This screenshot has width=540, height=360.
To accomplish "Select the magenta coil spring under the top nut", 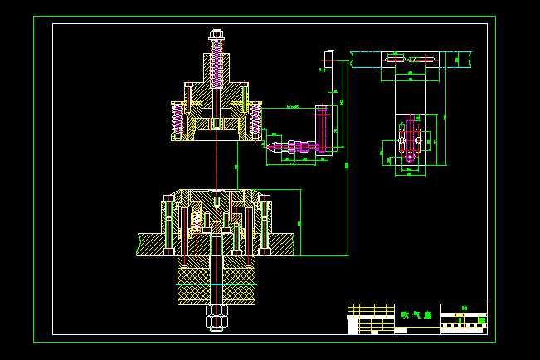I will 217,65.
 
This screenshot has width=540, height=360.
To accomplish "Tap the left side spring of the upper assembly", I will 177,120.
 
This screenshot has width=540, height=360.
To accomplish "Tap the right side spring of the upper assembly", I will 255,120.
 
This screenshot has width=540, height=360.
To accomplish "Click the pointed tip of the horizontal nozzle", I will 269,147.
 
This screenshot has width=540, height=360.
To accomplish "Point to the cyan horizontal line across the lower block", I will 216,285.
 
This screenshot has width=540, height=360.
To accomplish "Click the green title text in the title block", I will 416,314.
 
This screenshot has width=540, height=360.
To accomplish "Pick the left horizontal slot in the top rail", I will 395,60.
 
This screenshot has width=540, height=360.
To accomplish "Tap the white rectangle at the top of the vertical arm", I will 328,60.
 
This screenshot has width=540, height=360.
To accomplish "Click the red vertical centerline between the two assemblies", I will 216,166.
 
